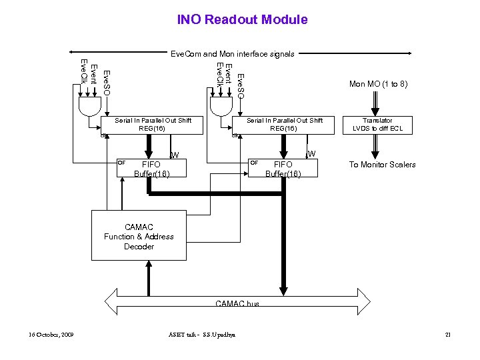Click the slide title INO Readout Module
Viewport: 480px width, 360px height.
click(x=242, y=19)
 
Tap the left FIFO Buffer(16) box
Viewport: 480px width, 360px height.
click(x=151, y=169)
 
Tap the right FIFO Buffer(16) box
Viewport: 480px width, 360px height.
click(x=283, y=168)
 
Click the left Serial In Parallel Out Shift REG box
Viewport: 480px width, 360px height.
click(x=152, y=124)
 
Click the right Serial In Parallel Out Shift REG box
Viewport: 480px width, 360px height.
click(x=283, y=124)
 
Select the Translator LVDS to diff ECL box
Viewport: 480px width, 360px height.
click(x=382, y=124)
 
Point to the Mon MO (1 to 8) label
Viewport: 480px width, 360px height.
click(x=378, y=84)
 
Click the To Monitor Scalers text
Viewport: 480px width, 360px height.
click(x=382, y=165)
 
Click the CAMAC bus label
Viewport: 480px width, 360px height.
click(x=237, y=304)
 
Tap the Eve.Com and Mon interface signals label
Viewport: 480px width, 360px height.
click(x=232, y=53)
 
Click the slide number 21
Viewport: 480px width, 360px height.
click(x=447, y=334)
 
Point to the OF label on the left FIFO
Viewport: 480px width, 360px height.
click(x=121, y=162)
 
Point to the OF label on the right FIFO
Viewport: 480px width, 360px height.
click(x=253, y=162)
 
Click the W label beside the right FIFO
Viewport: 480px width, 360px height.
click(x=311, y=154)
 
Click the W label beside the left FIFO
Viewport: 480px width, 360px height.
click(x=175, y=155)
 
